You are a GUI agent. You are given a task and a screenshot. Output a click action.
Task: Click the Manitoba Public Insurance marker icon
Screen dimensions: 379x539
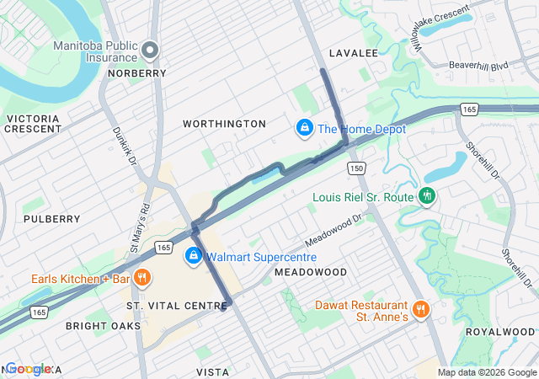click(151, 51)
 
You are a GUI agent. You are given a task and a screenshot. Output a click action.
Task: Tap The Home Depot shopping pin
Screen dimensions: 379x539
click(303, 129)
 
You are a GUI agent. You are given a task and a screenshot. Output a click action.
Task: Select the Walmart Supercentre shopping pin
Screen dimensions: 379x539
click(194, 255)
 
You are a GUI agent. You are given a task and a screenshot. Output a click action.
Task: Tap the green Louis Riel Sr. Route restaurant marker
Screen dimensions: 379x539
click(428, 195)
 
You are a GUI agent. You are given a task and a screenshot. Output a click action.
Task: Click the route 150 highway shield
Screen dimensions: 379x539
click(357, 169)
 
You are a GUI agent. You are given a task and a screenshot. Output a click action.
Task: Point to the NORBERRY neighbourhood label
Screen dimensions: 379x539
click(137, 73)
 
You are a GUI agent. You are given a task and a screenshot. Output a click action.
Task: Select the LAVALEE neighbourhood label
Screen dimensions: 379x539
click(353, 53)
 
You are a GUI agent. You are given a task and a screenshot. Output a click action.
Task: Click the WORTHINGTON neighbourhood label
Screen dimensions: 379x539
click(225, 124)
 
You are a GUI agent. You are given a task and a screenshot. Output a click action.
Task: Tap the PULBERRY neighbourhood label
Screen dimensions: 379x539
click(52, 219)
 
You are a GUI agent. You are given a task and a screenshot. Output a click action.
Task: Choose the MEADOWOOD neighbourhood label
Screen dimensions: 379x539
click(311, 272)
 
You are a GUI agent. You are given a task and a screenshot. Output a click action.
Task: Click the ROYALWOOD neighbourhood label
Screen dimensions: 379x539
click(499, 332)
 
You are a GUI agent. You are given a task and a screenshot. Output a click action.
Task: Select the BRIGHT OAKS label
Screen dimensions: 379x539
click(104, 325)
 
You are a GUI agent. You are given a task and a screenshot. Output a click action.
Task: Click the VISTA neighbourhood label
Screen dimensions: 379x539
click(212, 371)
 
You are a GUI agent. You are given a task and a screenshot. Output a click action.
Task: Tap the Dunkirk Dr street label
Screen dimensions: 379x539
click(121, 145)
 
